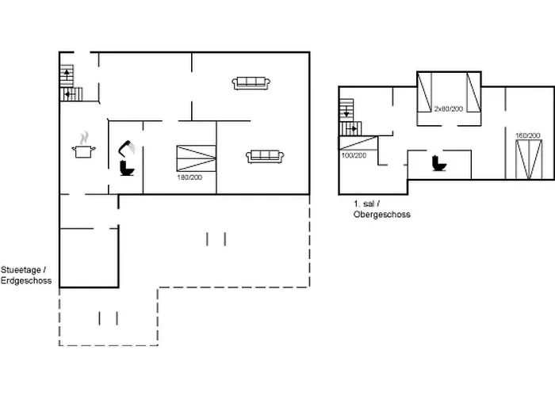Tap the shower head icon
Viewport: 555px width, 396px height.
(x=128, y=148)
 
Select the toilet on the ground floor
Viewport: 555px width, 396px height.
(x=127, y=169)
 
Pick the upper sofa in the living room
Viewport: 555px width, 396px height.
(x=252, y=82)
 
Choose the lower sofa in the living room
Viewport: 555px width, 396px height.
(x=265, y=156)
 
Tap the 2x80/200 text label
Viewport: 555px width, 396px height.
(x=449, y=108)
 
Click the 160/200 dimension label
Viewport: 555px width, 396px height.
(x=527, y=135)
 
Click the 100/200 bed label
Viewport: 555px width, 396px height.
(x=354, y=155)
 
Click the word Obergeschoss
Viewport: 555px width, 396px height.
(x=381, y=215)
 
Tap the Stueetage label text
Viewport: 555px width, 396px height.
(x=28, y=271)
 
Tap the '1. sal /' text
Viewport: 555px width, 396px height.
(x=366, y=204)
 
